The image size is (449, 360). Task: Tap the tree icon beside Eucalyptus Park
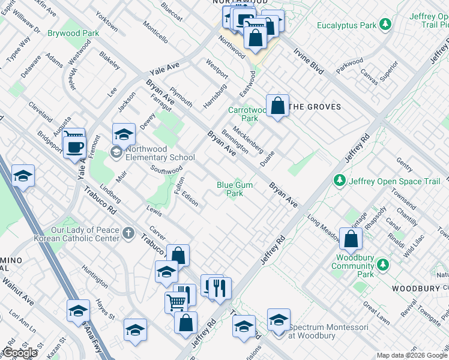[385, 25]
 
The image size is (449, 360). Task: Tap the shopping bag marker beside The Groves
[277, 106]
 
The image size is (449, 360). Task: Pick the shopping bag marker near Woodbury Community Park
[351, 239]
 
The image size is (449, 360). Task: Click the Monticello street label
[155, 32]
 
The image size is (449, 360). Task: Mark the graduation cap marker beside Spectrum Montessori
[279, 320]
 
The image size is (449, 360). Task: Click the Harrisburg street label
[214, 94]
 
